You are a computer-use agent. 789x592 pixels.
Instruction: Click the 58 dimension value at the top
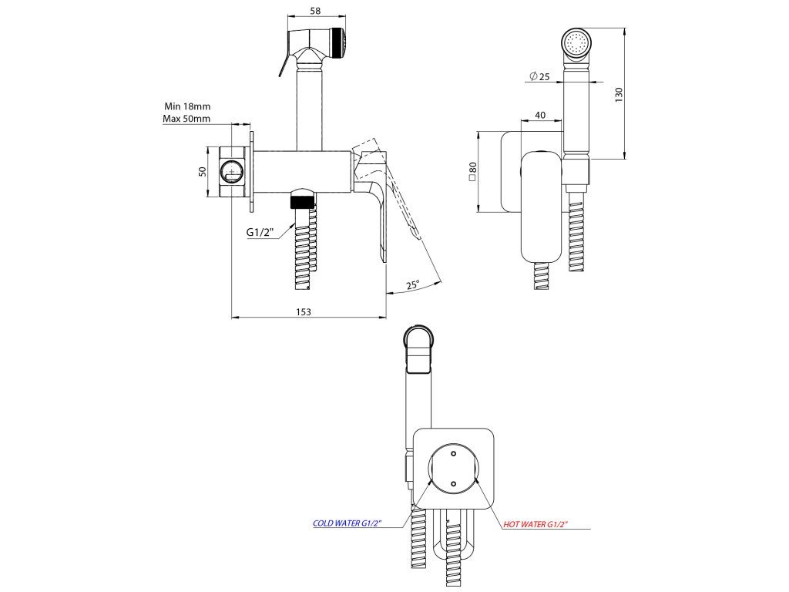(x=314, y=11)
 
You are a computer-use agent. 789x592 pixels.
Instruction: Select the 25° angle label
(x=413, y=285)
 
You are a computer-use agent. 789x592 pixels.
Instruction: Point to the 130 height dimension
(x=618, y=93)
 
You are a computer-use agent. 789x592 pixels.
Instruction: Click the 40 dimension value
(x=540, y=115)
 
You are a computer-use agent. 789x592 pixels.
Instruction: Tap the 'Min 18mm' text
(x=187, y=106)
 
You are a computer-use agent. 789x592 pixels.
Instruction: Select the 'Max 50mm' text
(x=186, y=119)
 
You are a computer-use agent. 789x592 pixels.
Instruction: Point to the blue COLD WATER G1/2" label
(x=357, y=523)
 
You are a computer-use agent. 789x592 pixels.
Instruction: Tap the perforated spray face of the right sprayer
(x=575, y=43)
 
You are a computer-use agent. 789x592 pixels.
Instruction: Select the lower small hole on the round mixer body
(x=453, y=483)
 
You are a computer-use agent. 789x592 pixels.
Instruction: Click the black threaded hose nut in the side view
(x=303, y=203)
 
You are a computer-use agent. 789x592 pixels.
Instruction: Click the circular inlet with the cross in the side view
(x=230, y=171)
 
